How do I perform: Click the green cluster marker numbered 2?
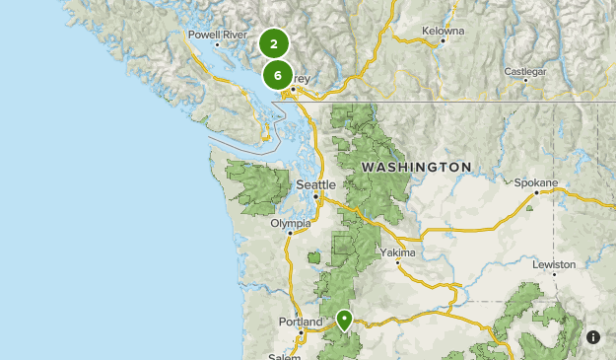tap(274, 43)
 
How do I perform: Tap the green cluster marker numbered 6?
tap(278, 75)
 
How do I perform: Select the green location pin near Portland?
tap(344, 320)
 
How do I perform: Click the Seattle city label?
tap(316, 184)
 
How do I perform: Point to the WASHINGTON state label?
tap(417, 168)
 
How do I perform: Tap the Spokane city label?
tap(536, 182)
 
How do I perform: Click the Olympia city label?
tap(290, 223)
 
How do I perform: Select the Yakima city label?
tap(398, 252)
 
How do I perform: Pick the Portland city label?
tap(300, 322)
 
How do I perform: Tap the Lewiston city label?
tap(553, 265)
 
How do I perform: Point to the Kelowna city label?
tap(444, 30)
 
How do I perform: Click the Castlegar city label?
tap(525, 71)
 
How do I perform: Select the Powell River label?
tap(218, 35)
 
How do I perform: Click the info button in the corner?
tap(593, 337)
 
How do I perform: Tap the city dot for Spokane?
tap(535, 193)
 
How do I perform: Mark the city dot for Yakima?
tap(398, 263)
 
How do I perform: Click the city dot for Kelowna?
tap(444, 40)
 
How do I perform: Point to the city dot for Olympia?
tap(289, 234)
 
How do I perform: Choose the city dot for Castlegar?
tap(525, 81)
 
